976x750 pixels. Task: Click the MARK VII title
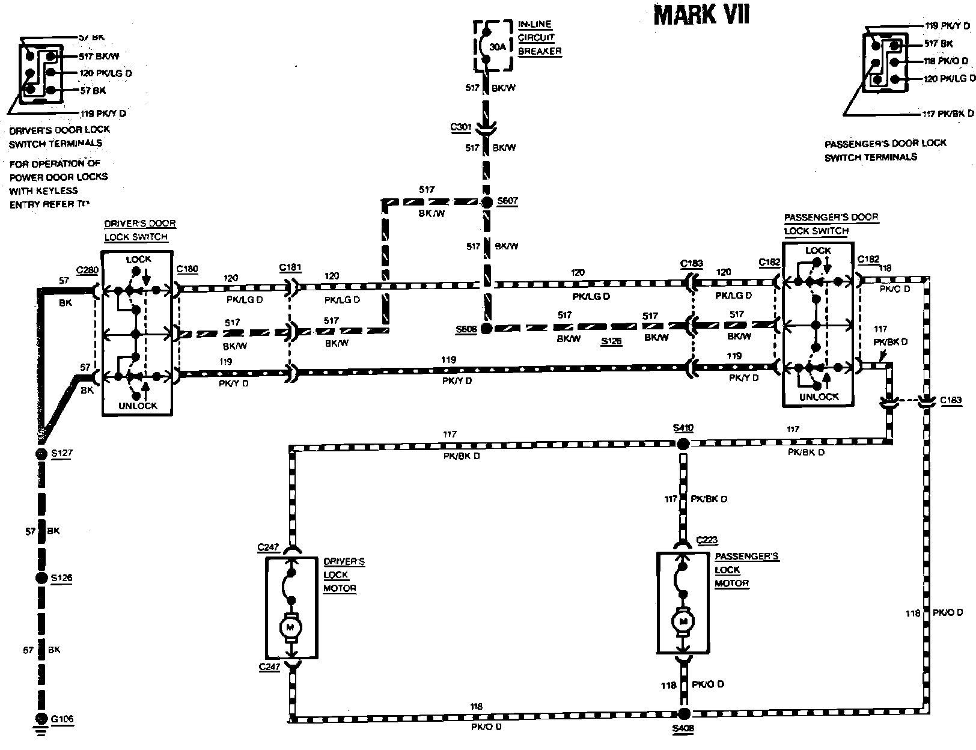point(701,14)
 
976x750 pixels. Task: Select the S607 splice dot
point(487,202)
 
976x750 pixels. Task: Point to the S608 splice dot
point(487,328)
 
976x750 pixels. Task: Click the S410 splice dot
point(683,444)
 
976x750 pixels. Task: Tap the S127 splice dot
point(40,454)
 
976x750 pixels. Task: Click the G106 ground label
point(62,719)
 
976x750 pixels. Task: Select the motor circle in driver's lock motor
point(291,627)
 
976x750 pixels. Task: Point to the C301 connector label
point(461,127)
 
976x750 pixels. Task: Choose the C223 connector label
point(707,540)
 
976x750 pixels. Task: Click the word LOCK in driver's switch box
point(139,260)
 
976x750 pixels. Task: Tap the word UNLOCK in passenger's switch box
point(819,397)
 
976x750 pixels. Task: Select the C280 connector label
point(87,270)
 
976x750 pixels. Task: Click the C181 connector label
point(290,267)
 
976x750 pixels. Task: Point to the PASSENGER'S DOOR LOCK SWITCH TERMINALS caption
point(885,150)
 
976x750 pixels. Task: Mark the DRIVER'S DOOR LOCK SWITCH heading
point(139,230)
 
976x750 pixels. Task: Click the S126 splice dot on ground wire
point(41,578)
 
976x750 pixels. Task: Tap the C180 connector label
point(188,269)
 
